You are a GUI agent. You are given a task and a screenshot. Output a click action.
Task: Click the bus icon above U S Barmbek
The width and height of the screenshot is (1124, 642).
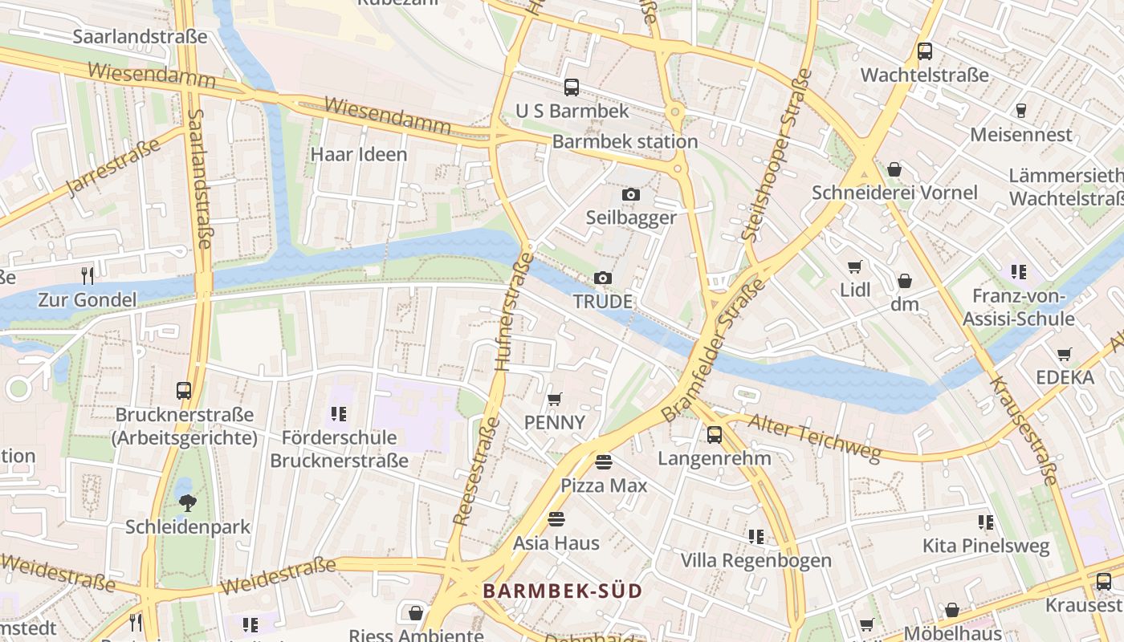[572, 87]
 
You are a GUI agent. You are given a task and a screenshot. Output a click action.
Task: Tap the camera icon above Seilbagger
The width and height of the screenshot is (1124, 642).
[631, 194]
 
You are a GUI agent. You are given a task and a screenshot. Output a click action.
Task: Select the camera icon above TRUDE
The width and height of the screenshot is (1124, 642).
[603, 278]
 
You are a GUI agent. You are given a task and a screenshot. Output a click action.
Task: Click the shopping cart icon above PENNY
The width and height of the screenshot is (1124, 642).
[554, 399]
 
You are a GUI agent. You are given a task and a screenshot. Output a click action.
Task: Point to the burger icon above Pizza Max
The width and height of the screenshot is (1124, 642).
[604, 461]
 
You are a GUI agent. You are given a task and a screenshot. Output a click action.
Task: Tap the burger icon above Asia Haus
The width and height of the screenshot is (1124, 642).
[556, 519]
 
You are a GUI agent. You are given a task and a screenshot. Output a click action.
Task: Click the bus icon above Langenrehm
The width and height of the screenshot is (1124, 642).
[715, 435]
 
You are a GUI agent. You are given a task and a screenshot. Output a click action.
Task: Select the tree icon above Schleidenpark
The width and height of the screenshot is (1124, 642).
[188, 503]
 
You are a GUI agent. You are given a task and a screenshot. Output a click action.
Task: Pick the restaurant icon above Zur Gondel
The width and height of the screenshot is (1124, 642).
[88, 276]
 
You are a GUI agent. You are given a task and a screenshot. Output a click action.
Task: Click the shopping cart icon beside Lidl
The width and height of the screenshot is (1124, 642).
[855, 266]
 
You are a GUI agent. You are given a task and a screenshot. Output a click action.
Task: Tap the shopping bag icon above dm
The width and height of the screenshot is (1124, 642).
[905, 281]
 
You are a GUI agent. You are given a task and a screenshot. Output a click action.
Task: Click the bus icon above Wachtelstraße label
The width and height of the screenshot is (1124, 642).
[925, 51]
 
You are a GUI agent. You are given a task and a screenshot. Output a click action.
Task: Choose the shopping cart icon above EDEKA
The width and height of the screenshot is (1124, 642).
[1065, 354]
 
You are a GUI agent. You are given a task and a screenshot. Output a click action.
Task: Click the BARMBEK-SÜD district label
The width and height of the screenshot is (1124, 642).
[562, 591]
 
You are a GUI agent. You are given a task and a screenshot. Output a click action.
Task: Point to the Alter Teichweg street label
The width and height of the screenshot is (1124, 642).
[814, 438]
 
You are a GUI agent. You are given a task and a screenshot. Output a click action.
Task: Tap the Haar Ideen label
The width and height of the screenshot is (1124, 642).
[359, 154]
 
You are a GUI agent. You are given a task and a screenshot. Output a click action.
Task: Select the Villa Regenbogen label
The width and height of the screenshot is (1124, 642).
[756, 560]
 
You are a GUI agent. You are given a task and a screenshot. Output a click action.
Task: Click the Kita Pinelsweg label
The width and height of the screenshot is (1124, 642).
[986, 547]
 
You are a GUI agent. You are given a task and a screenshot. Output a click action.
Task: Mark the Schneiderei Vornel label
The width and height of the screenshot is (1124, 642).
[894, 193]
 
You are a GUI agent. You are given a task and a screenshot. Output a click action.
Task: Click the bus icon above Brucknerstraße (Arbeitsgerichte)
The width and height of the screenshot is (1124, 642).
[184, 391]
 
